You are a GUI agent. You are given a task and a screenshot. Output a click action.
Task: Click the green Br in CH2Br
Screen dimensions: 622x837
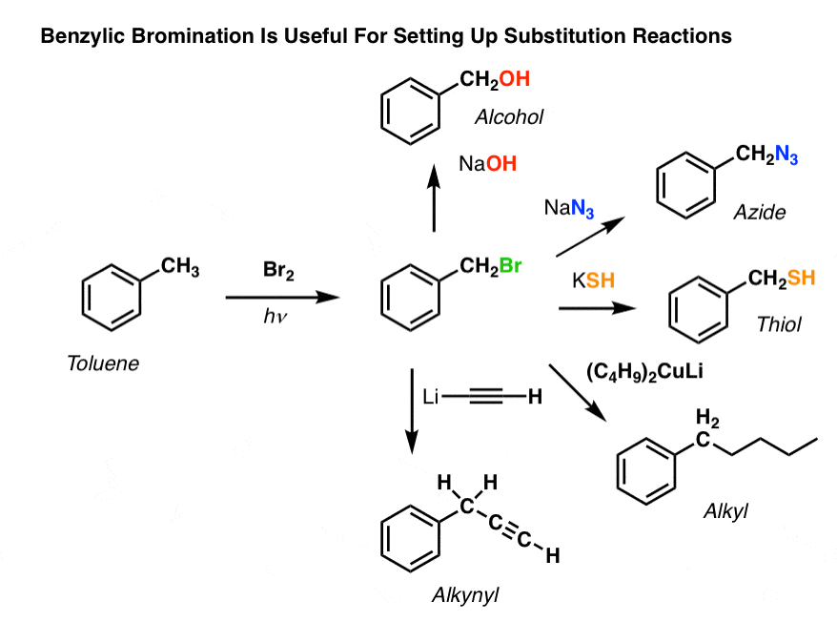pos(511,266)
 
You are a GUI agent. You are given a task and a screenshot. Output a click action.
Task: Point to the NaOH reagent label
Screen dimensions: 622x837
pos(487,164)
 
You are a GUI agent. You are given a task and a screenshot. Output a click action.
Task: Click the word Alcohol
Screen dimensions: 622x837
pos(509,117)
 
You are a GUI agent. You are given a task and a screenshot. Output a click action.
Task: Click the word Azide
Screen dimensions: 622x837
pos(759,212)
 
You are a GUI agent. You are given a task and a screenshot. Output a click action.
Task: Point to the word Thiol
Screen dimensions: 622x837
pos(779,325)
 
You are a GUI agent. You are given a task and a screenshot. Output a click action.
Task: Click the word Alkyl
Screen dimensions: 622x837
pos(727,512)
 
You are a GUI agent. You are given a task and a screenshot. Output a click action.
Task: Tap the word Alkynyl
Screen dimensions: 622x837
pos(465,596)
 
